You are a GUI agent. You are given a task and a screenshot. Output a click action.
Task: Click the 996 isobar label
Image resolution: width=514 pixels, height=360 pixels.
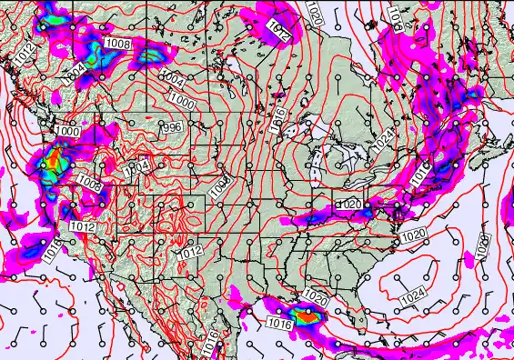pos(170,127)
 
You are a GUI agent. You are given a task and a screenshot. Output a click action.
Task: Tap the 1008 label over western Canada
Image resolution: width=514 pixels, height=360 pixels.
pos(117,43)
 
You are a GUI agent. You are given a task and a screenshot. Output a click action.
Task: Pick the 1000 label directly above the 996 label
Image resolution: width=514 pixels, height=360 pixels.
pos(180,100)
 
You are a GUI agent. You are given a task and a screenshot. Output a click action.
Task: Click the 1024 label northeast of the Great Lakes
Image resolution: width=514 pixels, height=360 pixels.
pos(386,137)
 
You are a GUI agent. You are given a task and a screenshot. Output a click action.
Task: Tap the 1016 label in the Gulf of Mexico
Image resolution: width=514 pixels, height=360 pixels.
pos(279,322)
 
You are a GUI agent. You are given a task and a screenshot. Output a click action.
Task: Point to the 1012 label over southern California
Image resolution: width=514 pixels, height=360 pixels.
pos(82,225)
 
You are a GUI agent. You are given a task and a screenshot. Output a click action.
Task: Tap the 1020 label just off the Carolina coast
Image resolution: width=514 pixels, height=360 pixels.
pos(413,235)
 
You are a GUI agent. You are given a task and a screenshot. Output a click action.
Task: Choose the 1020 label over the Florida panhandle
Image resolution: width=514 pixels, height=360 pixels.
pos(316,296)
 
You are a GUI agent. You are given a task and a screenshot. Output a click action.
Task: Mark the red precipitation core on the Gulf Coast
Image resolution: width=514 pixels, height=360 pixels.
pos(312,315)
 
